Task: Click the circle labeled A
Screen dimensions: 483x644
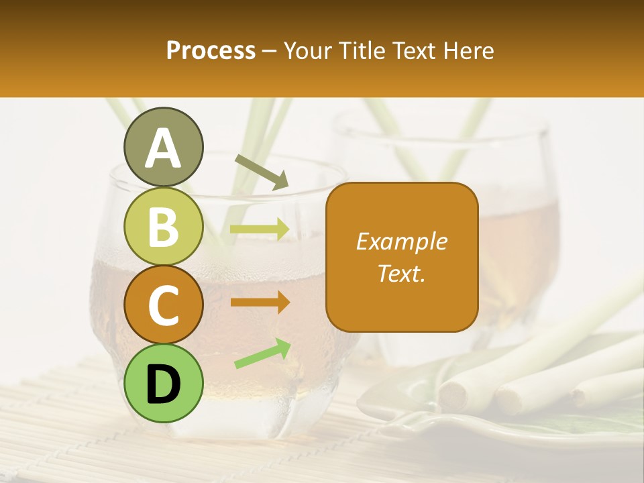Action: point(163,148)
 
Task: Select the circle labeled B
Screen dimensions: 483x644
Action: point(163,227)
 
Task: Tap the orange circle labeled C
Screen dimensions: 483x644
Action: point(163,305)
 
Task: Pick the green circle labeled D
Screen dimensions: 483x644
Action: point(163,383)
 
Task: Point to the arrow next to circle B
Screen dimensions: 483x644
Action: point(260,229)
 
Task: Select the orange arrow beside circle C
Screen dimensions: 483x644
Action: point(260,303)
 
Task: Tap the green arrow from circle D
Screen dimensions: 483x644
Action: point(262,354)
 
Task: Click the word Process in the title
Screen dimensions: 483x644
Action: point(211,50)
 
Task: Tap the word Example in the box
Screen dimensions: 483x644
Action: point(401,241)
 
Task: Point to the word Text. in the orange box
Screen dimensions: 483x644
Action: point(401,273)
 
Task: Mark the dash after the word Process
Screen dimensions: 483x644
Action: point(270,52)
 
